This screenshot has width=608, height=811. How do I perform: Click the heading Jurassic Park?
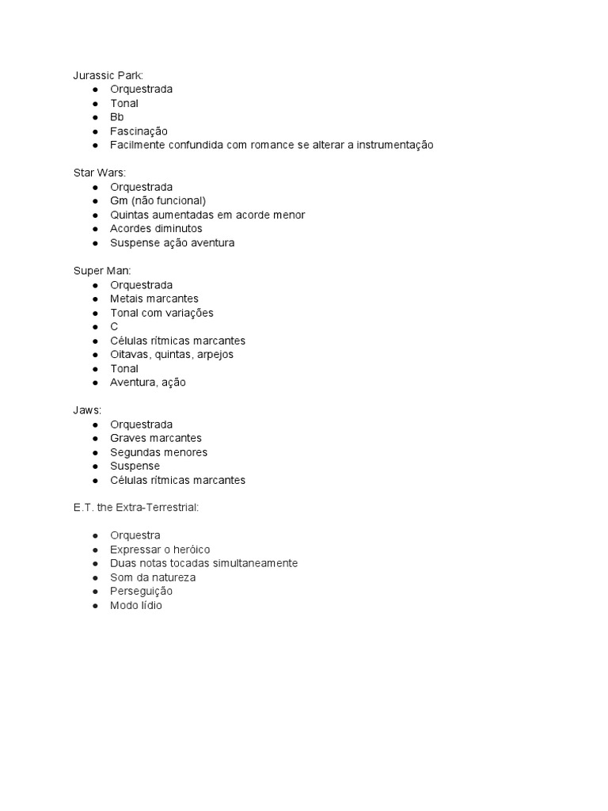point(108,75)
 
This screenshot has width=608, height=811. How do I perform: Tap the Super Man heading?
point(102,271)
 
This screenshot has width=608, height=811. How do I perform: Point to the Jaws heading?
point(87,410)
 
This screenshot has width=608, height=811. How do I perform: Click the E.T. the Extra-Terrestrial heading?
point(135,507)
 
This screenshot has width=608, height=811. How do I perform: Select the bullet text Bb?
point(117,117)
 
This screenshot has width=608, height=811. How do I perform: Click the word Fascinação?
point(139,131)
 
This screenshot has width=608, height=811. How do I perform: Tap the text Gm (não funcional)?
point(158,201)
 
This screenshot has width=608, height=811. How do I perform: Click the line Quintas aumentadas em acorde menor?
point(207,215)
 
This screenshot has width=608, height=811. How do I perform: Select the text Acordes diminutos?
point(156,229)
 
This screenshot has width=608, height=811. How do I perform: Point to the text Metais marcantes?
point(154,299)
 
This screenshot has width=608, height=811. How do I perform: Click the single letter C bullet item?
point(114,326)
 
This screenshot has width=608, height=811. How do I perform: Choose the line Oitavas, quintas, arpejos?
point(172,354)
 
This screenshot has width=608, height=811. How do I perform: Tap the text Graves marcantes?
point(156,438)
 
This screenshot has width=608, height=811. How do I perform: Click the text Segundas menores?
point(158,452)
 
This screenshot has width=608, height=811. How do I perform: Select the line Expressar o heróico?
point(160,550)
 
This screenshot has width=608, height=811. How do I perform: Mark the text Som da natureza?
point(153,577)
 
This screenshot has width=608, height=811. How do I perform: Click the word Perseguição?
point(141,592)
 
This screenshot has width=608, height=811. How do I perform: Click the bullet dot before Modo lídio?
point(95,606)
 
